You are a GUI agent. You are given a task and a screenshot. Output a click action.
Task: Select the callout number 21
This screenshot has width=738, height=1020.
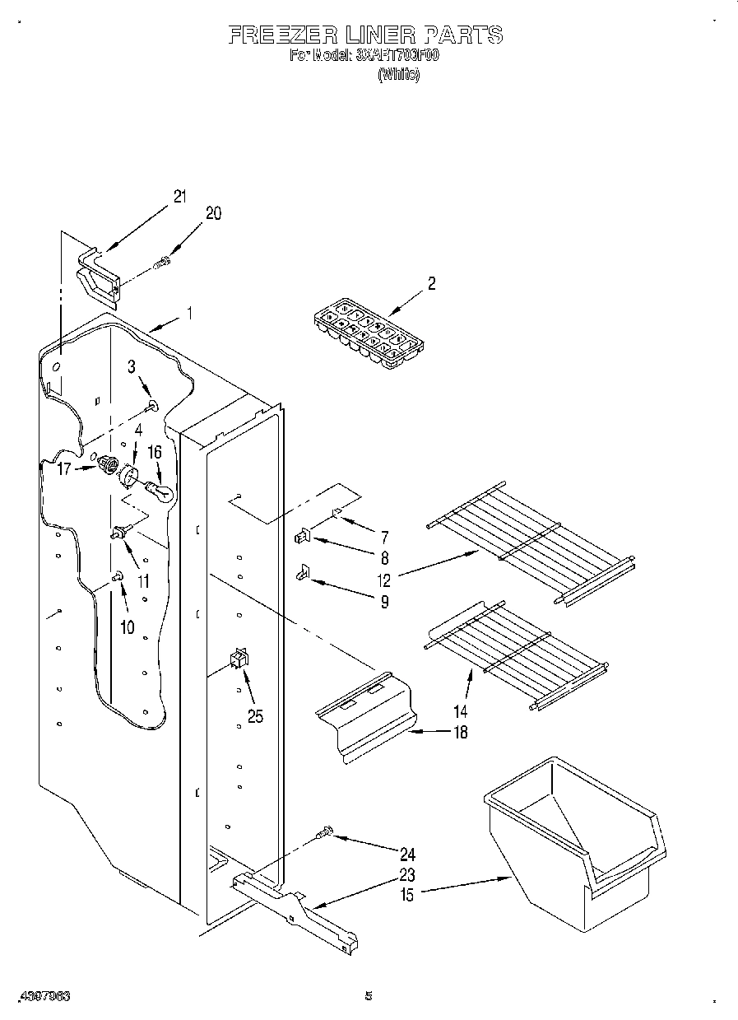(179, 197)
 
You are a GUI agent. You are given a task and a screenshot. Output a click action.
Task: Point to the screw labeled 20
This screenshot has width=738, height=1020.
(162, 263)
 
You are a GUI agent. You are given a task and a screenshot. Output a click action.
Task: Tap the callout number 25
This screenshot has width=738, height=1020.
(255, 716)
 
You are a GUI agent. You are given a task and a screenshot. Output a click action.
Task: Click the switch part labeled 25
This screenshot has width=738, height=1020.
(239, 658)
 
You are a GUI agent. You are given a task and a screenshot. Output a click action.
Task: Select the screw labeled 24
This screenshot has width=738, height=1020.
(325, 835)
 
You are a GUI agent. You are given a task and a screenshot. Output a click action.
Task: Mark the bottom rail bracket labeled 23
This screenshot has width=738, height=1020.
(296, 906)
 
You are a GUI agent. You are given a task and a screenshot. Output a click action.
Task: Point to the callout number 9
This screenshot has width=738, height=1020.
(383, 602)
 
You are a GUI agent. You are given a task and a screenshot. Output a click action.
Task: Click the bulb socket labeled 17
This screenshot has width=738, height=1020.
(107, 467)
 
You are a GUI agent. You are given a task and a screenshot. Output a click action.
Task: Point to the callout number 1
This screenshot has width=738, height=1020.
(189, 313)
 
